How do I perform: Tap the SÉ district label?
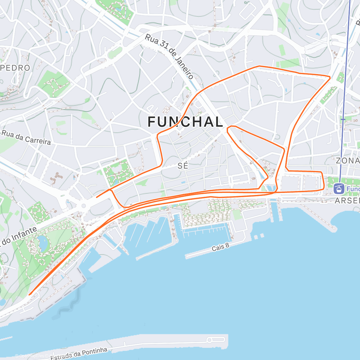(183, 166)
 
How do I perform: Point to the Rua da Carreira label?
(26, 137)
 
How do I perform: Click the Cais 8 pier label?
(220, 247)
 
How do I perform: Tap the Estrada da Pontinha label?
(79, 354)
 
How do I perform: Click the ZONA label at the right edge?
(347, 160)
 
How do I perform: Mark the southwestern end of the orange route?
(29, 295)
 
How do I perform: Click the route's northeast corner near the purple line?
(330, 77)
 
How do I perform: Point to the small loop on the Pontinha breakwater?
(209, 340)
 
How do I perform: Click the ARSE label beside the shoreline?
(347, 201)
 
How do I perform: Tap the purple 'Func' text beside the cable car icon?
(353, 189)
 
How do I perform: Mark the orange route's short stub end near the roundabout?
(96, 197)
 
